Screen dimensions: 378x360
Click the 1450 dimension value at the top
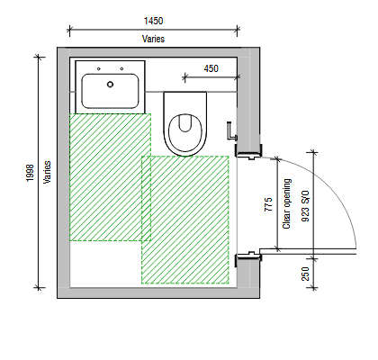click(153, 21)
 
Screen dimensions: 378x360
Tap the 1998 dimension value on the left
click(30, 173)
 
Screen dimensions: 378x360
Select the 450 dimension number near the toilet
click(211, 68)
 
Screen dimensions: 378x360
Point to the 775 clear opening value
click(268, 204)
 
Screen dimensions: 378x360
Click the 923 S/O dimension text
click(305, 206)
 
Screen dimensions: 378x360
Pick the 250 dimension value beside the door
click(305, 274)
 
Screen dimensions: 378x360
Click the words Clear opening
click(287, 204)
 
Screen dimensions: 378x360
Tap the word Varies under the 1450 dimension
click(153, 39)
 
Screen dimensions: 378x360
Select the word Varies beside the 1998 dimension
click(47, 172)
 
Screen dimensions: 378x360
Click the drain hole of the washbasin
click(110, 85)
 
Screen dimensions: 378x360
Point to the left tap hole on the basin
click(99, 69)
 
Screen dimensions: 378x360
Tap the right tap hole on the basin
click(121, 69)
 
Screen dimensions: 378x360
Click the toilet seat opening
click(184, 123)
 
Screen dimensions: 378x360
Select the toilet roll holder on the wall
click(232, 131)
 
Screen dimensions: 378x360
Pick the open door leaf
click(308, 251)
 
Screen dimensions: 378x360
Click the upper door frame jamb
click(248, 151)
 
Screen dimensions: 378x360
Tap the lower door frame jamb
click(248, 258)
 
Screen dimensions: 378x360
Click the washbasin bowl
click(110, 91)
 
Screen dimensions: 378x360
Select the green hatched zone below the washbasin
click(110, 177)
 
